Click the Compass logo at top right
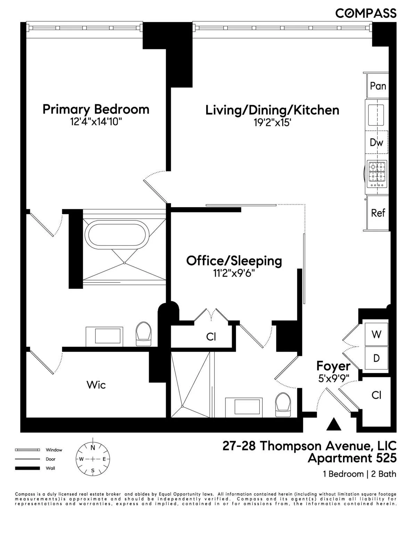pos(366,13)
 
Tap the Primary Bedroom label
pos(96,109)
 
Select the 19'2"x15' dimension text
pos(272,123)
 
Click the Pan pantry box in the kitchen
pos(378,86)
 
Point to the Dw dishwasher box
pos(376,142)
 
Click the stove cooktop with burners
pos(377,174)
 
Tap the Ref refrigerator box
pos(378,213)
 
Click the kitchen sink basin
pos(376,115)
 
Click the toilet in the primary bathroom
pos(144,334)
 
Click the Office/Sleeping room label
pos(234,261)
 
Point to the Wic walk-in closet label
pos(96,385)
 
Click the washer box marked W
pos(376,334)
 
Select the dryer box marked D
pos(376,358)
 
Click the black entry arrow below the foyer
pos(334,424)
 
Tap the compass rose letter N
pos(93,448)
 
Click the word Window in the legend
pos(54,450)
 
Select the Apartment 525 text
pos(352,458)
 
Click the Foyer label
pos(333,366)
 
